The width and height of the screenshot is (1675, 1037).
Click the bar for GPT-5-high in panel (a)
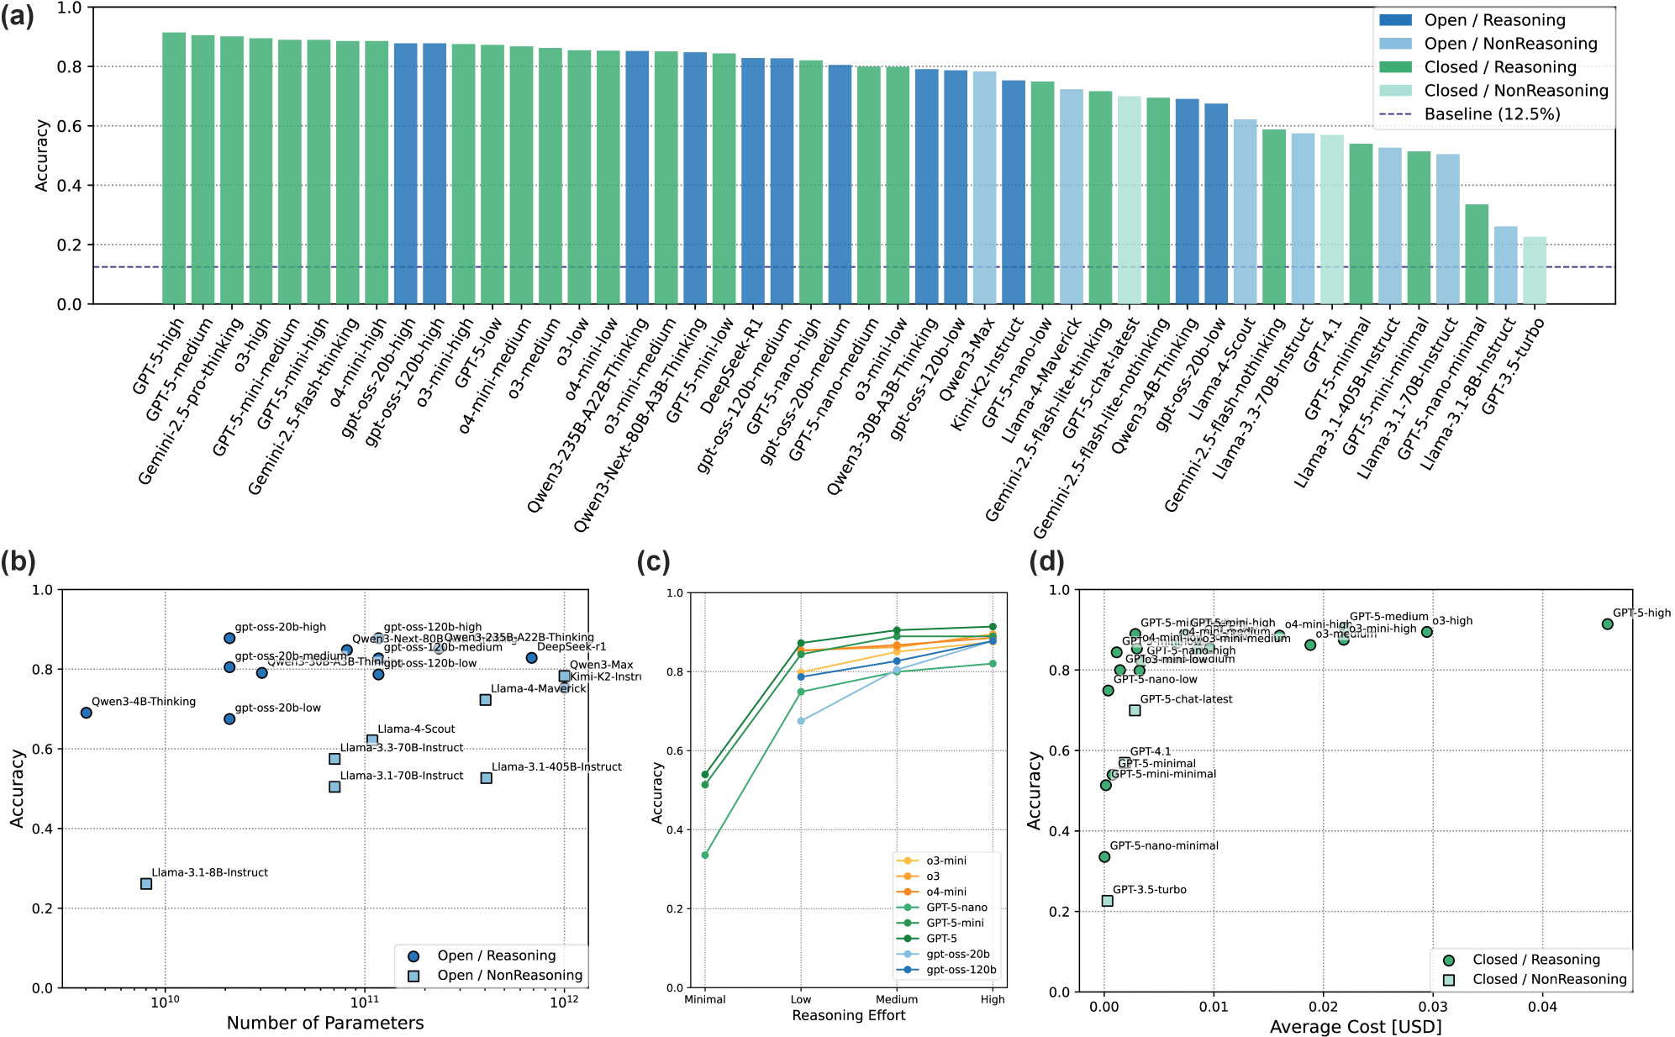point(174,168)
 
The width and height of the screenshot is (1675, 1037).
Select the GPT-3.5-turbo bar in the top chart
point(1535,271)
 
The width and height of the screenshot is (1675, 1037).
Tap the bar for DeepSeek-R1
point(753,181)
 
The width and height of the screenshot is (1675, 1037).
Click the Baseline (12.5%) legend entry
point(1492,114)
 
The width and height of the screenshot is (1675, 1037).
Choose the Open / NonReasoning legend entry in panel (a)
point(1510,44)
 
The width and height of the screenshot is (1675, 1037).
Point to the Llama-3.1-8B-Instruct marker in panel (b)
point(146,883)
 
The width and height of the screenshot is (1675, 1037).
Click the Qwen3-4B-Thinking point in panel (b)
point(87,713)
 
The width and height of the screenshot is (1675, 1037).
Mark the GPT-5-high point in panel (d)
point(1608,624)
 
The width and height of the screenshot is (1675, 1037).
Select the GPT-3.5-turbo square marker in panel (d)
point(1108,901)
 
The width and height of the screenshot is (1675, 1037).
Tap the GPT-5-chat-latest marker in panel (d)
point(1135,710)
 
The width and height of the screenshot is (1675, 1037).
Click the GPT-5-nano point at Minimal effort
point(705,855)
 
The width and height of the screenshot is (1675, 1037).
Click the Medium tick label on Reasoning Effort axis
point(897,999)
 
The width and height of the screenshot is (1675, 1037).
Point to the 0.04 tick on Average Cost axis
point(1542,1008)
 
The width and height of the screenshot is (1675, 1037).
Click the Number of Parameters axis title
point(325,1023)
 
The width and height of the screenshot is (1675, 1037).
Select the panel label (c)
point(653,561)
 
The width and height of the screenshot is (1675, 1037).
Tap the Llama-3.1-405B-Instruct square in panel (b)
point(487,778)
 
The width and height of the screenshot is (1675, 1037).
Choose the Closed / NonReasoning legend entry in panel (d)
point(1549,979)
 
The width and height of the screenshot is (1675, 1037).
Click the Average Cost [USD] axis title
point(1356,1026)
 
